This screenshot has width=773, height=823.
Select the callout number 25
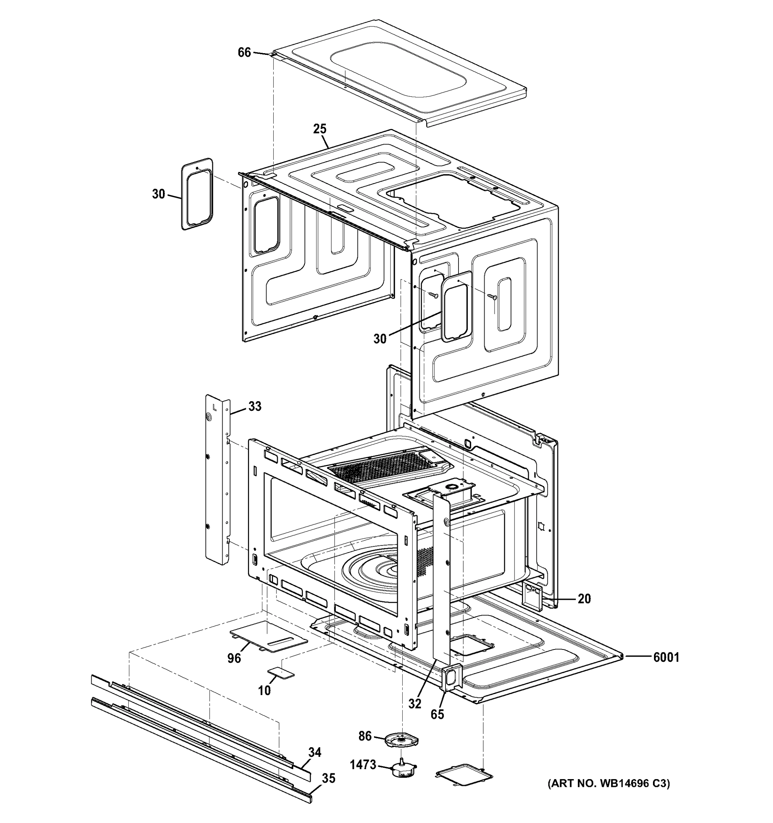pyautogui.click(x=320, y=129)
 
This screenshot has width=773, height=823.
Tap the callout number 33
pyautogui.click(x=254, y=407)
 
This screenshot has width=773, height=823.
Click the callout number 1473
pyautogui.click(x=363, y=765)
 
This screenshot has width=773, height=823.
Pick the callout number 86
pyautogui.click(x=365, y=736)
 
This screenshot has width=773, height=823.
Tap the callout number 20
pyautogui.click(x=584, y=599)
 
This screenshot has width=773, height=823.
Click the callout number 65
pyautogui.click(x=437, y=714)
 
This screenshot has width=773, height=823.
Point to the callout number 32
pyautogui.click(x=415, y=703)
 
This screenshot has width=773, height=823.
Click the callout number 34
pyautogui.click(x=315, y=752)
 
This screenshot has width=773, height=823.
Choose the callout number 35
pyautogui.click(x=328, y=779)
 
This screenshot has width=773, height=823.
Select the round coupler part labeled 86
pyautogui.click(x=401, y=739)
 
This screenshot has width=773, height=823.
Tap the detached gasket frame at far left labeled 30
pyautogui.click(x=198, y=194)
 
